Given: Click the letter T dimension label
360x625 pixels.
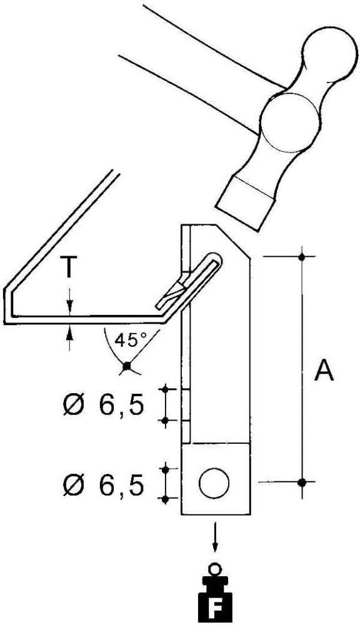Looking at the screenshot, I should (70, 268).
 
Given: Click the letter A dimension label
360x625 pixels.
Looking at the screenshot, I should (323, 371).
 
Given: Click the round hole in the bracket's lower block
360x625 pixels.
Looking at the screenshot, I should (214, 482).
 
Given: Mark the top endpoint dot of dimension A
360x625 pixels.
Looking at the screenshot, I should (302, 256).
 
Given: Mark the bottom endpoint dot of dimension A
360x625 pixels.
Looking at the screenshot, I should (302, 482).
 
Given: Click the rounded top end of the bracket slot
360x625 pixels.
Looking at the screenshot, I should (214, 258).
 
